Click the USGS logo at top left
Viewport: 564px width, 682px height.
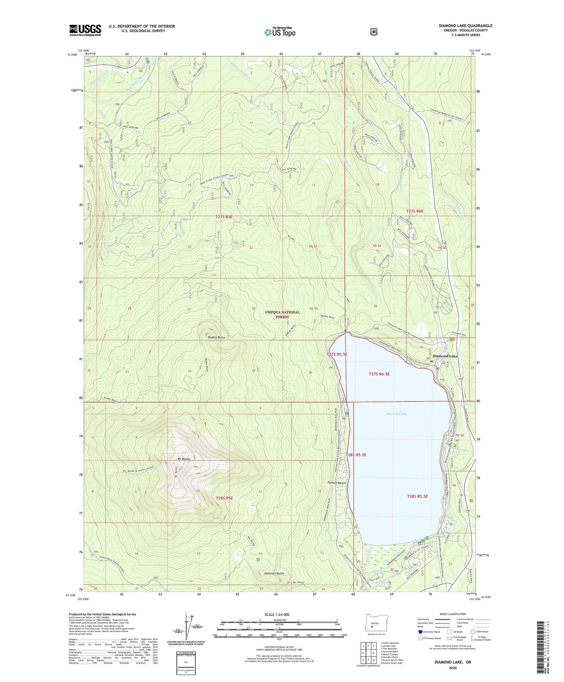[85, 30]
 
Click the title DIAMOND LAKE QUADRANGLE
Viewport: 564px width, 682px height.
[465, 26]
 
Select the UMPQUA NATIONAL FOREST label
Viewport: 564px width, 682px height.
[282, 314]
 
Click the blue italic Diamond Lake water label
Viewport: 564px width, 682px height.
[397, 414]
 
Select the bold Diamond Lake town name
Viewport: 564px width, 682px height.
[445, 356]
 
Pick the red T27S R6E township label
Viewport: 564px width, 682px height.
[415, 211]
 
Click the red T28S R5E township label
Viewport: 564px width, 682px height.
[224, 498]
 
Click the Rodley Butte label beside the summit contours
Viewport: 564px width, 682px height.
[217, 337]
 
